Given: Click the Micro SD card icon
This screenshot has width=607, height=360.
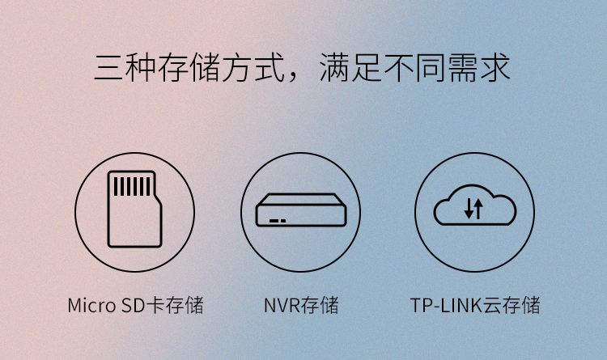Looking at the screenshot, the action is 134,209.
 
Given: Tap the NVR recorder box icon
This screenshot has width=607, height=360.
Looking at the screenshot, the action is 301,210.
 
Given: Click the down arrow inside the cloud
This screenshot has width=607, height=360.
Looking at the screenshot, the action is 469,208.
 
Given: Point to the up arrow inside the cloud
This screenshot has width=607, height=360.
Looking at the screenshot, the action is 479,208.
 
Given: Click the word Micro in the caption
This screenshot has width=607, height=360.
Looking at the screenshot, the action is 91,305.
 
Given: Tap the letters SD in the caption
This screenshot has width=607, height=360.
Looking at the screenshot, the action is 134,305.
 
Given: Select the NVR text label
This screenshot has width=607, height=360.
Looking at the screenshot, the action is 282,305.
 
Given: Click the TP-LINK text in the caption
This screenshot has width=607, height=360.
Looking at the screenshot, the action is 446,305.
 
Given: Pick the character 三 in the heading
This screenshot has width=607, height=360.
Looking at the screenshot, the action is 109,68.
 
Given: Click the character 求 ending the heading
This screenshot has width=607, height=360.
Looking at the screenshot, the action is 495,68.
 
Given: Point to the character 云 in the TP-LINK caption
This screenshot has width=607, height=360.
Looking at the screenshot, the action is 492,305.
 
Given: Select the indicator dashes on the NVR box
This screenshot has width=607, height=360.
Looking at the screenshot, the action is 278,221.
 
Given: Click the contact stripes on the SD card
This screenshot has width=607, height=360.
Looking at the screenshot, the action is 132,187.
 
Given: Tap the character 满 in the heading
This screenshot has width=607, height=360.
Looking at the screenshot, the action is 334,68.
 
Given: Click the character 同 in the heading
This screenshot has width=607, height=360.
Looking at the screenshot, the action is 431,68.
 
